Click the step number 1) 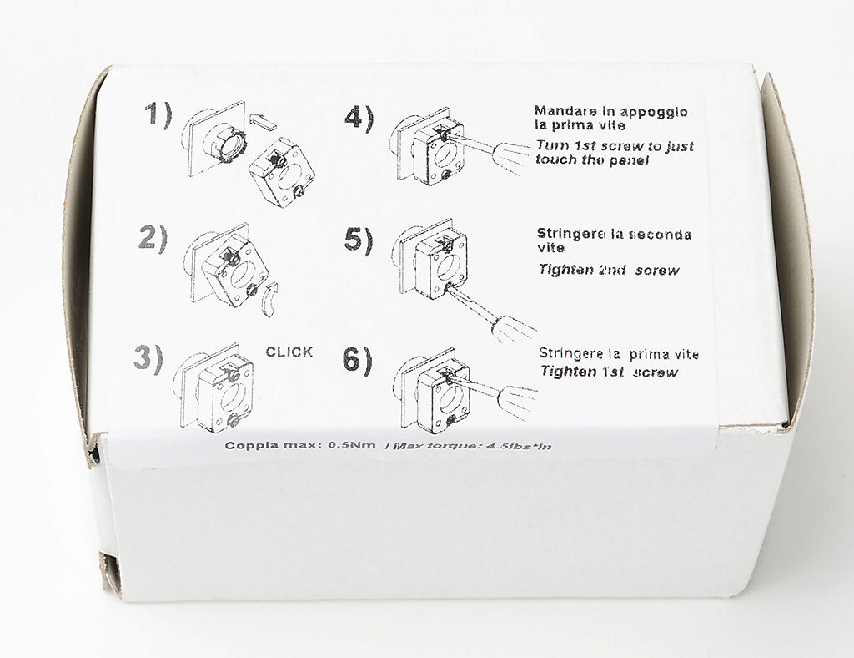[158, 116]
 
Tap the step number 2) [153, 238]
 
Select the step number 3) [148, 359]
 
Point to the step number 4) [359, 118]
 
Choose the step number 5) [359, 240]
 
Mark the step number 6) [357, 361]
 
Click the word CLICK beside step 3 [289, 352]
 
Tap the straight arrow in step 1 [263, 122]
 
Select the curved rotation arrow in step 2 [269, 299]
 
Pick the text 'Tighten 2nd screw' [609, 270]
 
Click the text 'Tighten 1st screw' [610, 372]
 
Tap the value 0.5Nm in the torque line [352, 445]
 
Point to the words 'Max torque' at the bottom [435, 446]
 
